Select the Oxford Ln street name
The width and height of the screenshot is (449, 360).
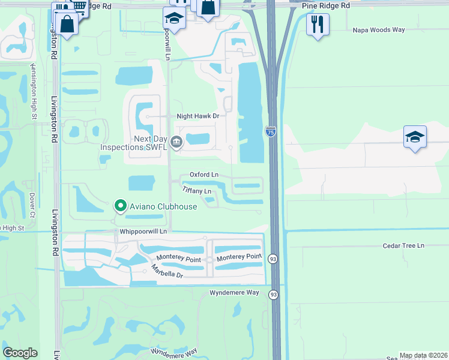click(204, 175)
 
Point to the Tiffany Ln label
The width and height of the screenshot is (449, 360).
click(197, 191)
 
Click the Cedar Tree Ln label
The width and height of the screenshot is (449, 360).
click(403, 246)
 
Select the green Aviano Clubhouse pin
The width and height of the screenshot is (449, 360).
click(120, 206)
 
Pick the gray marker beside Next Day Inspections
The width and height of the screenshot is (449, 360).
click(176, 142)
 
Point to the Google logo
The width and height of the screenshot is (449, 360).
click(20, 353)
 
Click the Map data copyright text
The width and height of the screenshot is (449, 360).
click(424, 355)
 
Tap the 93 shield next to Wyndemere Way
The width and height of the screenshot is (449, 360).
click(274, 295)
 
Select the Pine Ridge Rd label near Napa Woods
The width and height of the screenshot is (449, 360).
click(327, 5)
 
